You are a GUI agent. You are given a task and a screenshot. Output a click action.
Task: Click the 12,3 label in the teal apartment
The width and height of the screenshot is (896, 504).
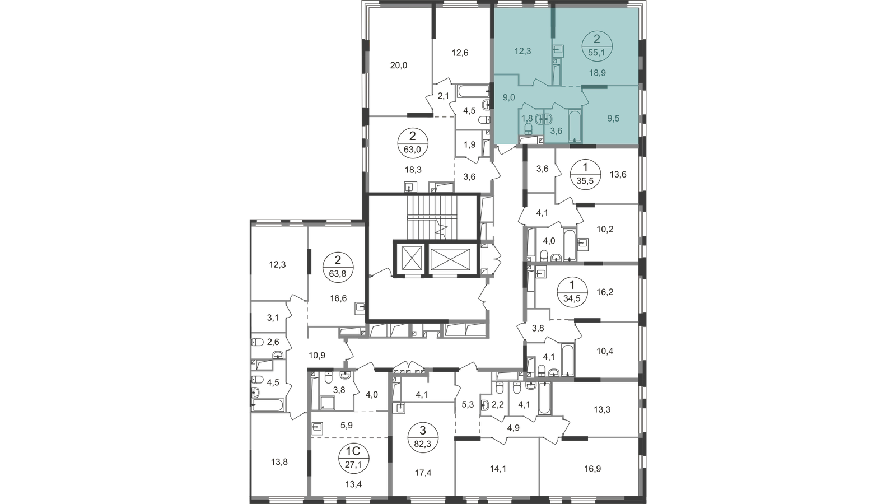point(522,50)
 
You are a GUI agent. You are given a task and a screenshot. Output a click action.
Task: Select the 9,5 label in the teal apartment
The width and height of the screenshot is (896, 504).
point(613,119)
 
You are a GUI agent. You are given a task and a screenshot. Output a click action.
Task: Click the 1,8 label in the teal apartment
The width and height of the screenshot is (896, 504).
point(527,118)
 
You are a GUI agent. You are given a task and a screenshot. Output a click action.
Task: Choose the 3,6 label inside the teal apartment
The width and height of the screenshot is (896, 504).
point(557,131)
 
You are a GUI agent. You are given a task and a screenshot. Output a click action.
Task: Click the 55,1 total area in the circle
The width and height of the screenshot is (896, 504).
point(595,53)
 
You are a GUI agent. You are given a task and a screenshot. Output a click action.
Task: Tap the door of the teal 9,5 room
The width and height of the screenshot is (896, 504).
point(585,99)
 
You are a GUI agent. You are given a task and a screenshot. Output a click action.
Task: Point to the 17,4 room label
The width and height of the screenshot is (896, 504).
point(424,473)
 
